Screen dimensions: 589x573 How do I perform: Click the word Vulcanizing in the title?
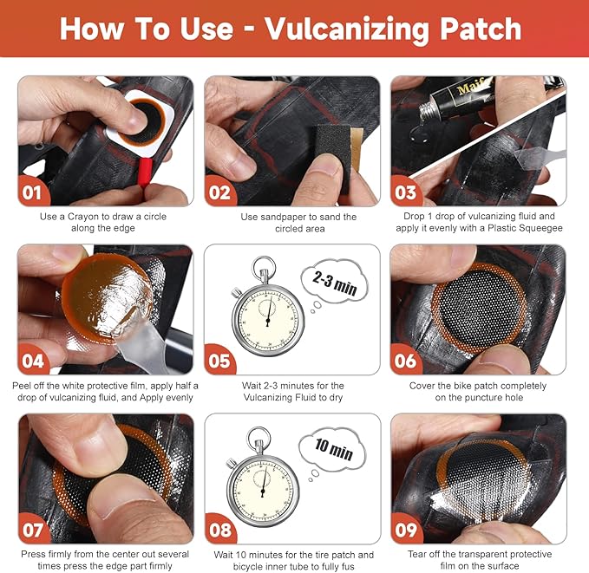347,29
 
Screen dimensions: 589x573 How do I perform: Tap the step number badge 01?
33,192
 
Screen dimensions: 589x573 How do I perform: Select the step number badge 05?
219,360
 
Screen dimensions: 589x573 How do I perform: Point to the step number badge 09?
406,529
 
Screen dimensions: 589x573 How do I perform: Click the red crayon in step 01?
145,172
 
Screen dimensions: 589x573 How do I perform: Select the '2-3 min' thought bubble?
334,282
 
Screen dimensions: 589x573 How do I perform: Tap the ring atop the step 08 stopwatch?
259,438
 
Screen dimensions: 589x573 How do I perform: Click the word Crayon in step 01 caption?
83,217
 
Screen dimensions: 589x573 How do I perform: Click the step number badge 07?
33,529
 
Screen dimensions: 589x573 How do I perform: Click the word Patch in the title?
481,29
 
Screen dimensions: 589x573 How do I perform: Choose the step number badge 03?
406,192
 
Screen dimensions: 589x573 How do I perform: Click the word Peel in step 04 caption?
22,386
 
